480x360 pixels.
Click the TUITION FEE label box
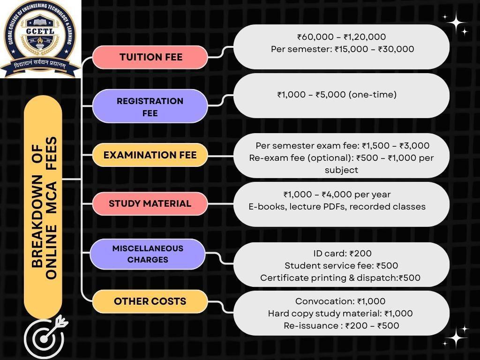click(150, 57)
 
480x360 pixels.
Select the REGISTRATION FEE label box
click(150, 106)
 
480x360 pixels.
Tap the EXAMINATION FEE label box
click(150, 155)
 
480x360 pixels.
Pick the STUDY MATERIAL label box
click(150, 203)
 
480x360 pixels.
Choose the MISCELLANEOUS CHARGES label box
click(148, 254)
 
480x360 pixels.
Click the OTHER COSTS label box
click(150, 301)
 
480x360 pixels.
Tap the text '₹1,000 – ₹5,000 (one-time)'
click(337, 95)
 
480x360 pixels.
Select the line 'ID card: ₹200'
click(342, 254)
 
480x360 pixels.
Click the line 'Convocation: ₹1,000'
click(340, 301)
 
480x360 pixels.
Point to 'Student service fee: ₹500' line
click(341, 266)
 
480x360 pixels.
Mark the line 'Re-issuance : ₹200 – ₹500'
click(341, 325)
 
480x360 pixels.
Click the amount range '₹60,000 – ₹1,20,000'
click(341, 37)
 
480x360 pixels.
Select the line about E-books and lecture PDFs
click(337, 206)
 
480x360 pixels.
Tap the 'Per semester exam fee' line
click(342, 146)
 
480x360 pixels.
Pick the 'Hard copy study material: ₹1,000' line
click(340, 313)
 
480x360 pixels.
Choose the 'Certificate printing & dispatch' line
click(340, 278)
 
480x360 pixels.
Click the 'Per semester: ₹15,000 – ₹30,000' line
click(342, 49)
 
